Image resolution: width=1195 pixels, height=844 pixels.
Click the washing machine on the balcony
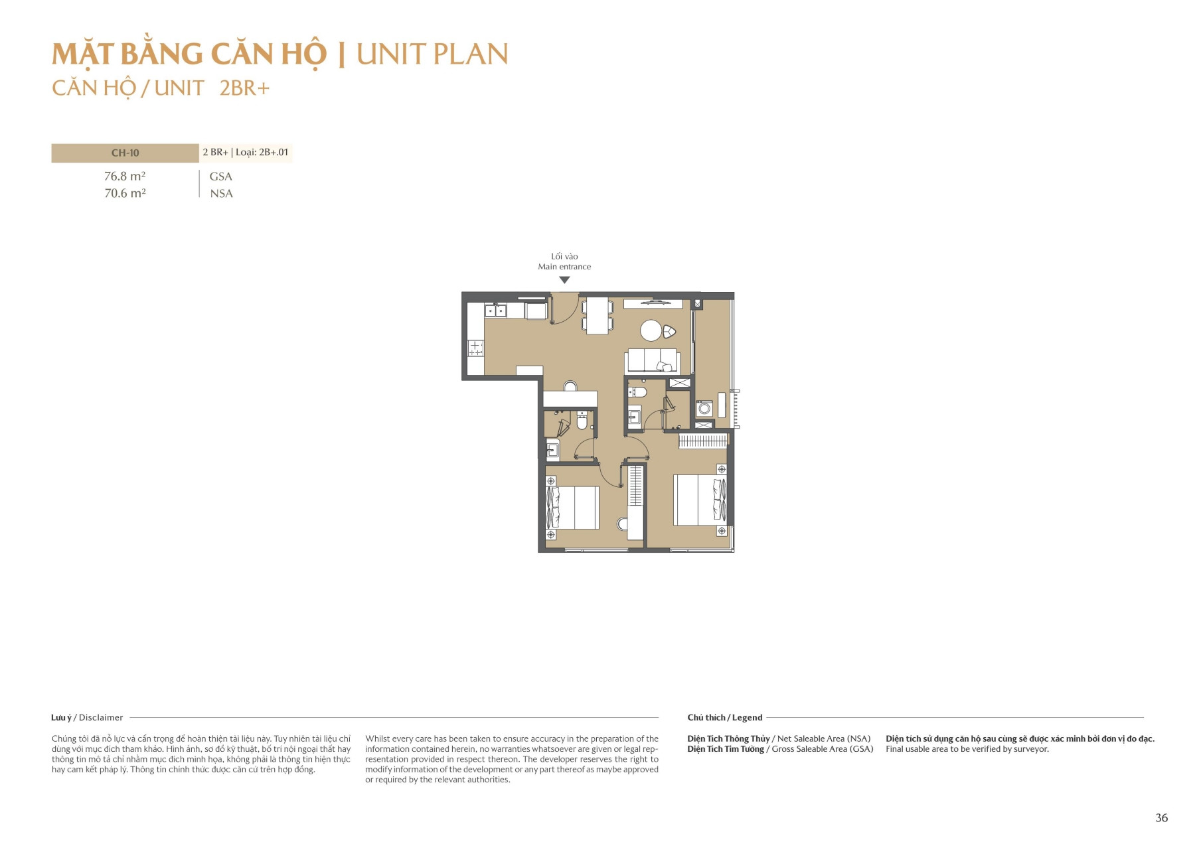point(704,408)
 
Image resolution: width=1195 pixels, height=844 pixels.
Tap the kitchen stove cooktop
point(475,348)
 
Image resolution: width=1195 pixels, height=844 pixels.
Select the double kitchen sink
point(495,310)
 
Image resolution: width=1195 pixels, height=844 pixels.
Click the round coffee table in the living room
point(651,330)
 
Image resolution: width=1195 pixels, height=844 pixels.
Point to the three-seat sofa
point(652,360)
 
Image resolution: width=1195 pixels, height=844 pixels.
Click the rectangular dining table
point(597,316)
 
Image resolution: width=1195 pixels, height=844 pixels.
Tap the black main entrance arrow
point(564,280)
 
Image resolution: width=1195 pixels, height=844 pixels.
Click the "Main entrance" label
point(564,267)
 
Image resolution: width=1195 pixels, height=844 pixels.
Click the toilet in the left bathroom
point(582,420)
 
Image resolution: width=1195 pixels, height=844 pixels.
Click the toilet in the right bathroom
point(639,391)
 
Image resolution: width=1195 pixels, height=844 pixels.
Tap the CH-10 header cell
point(125,153)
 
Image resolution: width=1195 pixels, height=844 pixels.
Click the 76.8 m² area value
point(125,176)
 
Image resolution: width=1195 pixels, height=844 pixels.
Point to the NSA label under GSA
point(221,194)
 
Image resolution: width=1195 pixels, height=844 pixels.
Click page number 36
point(1161,818)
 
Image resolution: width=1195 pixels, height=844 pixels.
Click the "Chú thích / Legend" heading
point(724,717)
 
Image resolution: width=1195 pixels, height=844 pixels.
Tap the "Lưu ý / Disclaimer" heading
point(87,717)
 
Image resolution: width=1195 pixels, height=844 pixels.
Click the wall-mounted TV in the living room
point(653,303)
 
